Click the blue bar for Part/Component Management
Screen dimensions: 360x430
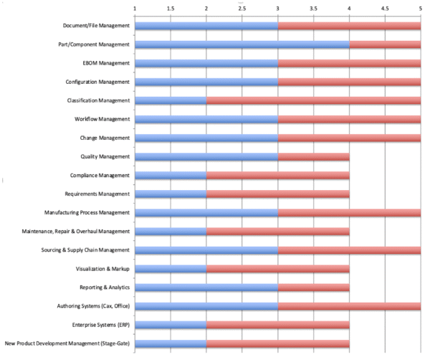pos(242,44)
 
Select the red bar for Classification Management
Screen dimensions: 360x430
pos(313,100)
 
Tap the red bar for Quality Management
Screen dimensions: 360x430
pos(313,156)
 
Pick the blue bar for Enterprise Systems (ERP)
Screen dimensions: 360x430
pos(170,325)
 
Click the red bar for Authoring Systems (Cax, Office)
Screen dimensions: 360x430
pos(349,306)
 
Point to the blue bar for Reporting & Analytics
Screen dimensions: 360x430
pos(206,288)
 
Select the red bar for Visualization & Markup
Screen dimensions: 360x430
pos(277,269)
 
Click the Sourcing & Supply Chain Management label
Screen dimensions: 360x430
pos(84,250)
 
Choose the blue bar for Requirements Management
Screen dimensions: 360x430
pos(170,194)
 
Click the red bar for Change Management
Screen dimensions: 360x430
pos(349,138)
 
